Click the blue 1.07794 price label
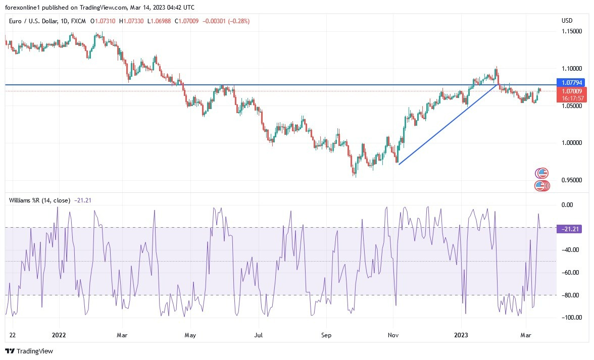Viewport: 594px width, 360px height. [x=571, y=82]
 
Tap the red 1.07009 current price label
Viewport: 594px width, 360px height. [x=571, y=91]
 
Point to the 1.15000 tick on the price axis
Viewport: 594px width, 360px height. [x=573, y=31]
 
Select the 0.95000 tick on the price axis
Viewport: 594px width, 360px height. [x=573, y=180]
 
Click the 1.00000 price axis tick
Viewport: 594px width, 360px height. [x=573, y=143]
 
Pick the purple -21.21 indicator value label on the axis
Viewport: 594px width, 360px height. [x=571, y=229]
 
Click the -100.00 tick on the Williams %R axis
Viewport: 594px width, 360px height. [x=573, y=318]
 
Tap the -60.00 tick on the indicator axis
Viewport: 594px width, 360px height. [x=573, y=273]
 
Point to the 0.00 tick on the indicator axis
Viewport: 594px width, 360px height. [x=573, y=204]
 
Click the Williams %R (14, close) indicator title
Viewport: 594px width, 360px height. [x=39, y=200]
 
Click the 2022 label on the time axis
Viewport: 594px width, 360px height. [x=59, y=335]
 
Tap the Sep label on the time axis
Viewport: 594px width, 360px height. [x=326, y=335]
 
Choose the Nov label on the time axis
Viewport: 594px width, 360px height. [x=392, y=335]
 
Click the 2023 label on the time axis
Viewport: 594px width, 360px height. [x=462, y=335]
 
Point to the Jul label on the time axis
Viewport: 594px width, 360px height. [x=258, y=335]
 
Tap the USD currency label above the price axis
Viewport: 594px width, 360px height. [x=567, y=21]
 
